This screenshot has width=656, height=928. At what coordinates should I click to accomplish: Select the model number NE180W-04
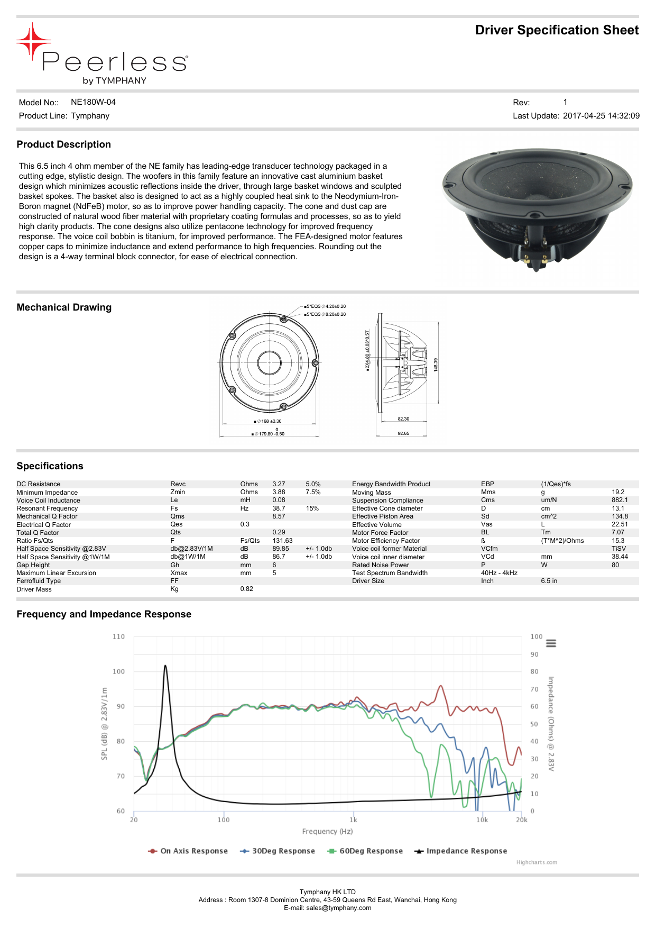(x=93, y=102)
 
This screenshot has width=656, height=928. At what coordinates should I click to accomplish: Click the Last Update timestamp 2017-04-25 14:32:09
(x=601, y=116)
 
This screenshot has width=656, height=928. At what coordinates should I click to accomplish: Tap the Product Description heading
(x=63, y=144)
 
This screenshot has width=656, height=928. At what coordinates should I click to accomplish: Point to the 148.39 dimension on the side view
(x=436, y=364)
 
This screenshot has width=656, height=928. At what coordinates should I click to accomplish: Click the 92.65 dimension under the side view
(x=403, y=433)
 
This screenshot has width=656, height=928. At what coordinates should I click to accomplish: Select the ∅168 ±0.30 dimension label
(x=269, y=422)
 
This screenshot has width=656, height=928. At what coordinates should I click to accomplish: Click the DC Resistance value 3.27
(x=279, y=484)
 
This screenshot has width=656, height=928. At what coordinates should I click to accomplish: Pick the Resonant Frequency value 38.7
(x=279, y=508)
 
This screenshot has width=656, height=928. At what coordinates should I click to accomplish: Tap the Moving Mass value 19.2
(x=618, y=492)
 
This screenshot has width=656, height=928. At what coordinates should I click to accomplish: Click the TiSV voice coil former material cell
(x=618, y=549)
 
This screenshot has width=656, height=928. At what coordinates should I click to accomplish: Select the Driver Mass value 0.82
(x=246, y=589)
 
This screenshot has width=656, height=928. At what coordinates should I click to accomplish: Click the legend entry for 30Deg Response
(x=283, y=851)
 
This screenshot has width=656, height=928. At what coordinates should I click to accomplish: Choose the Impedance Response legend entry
(x=466, y=851)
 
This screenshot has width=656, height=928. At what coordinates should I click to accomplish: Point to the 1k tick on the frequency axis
(x=353, y=820)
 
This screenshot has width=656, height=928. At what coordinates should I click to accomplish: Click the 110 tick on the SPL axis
(x=118, y=636)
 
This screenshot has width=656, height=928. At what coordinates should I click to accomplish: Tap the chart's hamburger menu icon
(x=551, y=643)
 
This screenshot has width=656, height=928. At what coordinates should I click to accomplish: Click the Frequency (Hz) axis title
(x=327, y=832)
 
